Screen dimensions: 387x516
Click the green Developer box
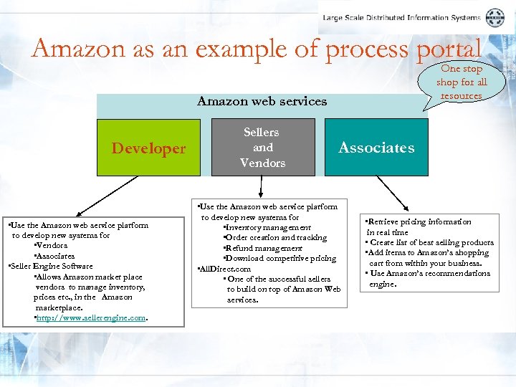148,148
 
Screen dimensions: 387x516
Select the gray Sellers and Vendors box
262,148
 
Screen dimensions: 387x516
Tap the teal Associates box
376,148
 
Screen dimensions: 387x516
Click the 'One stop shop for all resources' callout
462,82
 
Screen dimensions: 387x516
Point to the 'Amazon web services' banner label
262,102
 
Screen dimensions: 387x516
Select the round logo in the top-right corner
495,18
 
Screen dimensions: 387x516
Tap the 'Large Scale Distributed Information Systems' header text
401,18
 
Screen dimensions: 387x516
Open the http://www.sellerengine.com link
91,317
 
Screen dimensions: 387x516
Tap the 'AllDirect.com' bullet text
225,269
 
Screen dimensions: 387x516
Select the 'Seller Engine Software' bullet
51,266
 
